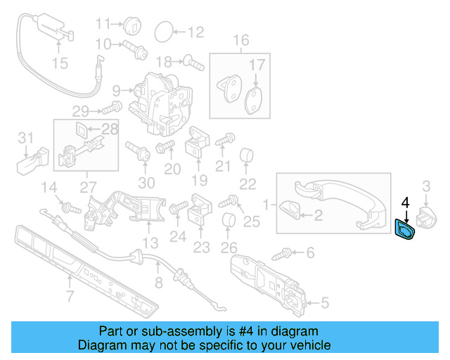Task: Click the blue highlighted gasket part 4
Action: click(x=406, y=229)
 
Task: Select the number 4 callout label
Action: click(x=405, y=202)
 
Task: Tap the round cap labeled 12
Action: click(x=162, y=31)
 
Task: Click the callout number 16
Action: click(x=241, y=40)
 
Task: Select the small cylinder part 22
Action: click(x=247, y=155)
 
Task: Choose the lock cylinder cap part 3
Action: click(x=427, y=214)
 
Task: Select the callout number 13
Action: click(x=150, y=243)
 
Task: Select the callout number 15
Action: click(x=60, y=64)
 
